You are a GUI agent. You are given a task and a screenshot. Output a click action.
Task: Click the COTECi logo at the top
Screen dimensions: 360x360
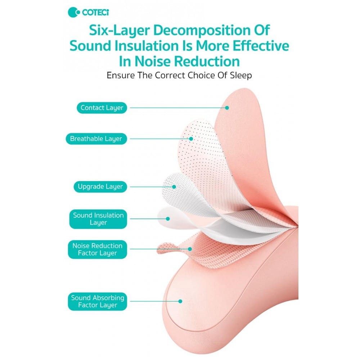89,12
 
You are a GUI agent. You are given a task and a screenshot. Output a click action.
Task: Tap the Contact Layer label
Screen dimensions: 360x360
102,108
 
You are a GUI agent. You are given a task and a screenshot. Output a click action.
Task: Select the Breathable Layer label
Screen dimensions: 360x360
96,139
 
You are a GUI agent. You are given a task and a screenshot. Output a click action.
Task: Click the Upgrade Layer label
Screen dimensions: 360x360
100,186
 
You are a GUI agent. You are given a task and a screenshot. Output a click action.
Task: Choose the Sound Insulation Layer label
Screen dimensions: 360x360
98,219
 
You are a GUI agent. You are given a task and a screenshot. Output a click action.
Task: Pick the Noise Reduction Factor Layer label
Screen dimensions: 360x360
97,249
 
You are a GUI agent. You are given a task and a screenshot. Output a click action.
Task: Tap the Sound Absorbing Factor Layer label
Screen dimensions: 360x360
97,301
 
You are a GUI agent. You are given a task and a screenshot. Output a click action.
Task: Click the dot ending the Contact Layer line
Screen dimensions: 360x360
227,108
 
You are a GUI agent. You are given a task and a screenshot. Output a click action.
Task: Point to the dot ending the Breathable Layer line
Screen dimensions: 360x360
191,139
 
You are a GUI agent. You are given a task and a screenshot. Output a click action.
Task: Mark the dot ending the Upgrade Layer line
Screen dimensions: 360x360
174,187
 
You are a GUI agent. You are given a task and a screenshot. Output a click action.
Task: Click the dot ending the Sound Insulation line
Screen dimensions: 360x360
168,219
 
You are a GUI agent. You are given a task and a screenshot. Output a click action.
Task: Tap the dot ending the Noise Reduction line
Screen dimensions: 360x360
190,249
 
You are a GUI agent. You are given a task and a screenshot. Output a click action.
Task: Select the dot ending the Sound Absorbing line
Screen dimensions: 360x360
180,301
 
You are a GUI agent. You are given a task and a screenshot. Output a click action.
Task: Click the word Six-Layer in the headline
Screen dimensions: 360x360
120,31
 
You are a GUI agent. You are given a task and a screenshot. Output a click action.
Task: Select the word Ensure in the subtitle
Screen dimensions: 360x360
121,75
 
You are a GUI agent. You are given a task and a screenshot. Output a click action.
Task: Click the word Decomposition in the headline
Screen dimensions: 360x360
198,31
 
